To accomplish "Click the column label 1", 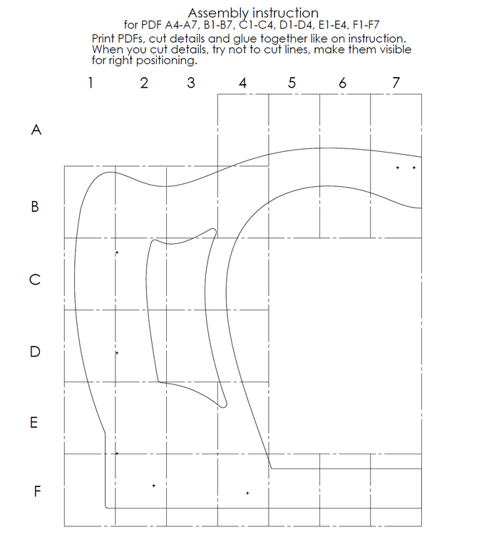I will point(91,83).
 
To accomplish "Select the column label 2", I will point(144,83).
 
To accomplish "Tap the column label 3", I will point(190,83).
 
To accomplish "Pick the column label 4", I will point(243,83).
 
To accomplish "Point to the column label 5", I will point(292,83).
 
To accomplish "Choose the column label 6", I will point(343,83).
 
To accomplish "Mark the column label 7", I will point(396,83).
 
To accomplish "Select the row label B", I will point(35,208).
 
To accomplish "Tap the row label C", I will point(34,280).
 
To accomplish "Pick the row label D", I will point(34,352).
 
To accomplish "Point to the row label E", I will point(34,422).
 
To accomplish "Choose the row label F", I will point(38,491).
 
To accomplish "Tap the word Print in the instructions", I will point(105,38).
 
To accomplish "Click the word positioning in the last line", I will point(165,60).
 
